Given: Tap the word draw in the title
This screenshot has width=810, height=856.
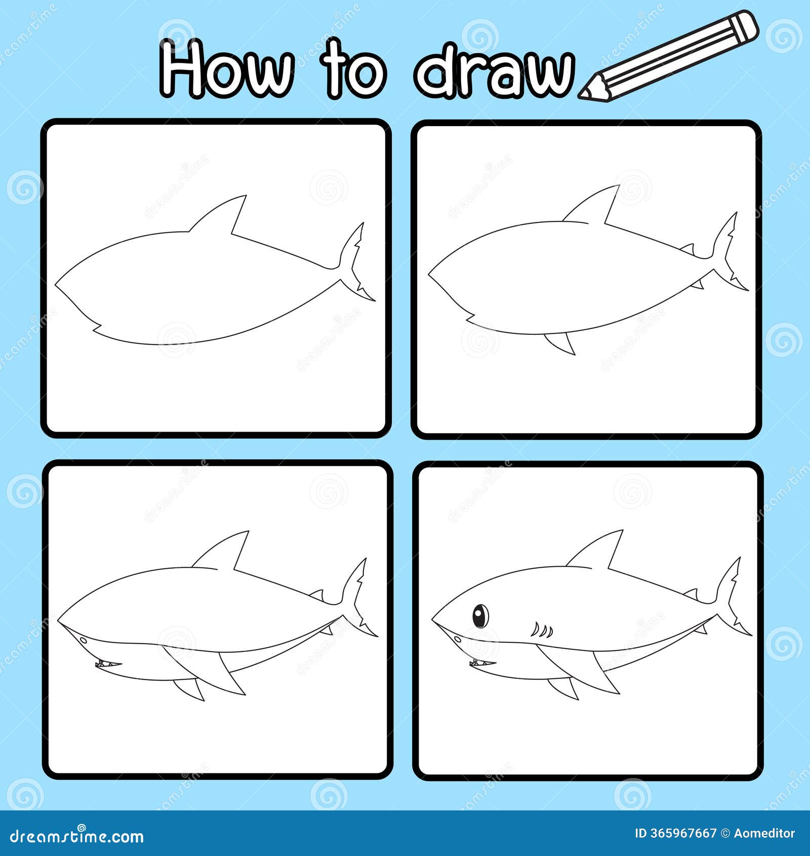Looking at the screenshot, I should [495, 71].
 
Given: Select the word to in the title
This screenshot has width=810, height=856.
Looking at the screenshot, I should [353, 69].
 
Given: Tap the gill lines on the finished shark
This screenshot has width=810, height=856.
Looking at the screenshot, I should [542, 630].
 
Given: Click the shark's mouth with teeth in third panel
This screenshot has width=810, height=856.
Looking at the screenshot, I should [108, 664].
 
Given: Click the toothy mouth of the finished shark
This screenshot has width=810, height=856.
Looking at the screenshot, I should [482, 663].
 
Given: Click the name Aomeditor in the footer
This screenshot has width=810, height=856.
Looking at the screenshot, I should [764, 833].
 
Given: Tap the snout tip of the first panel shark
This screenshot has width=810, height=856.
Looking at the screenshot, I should [56, 282].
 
